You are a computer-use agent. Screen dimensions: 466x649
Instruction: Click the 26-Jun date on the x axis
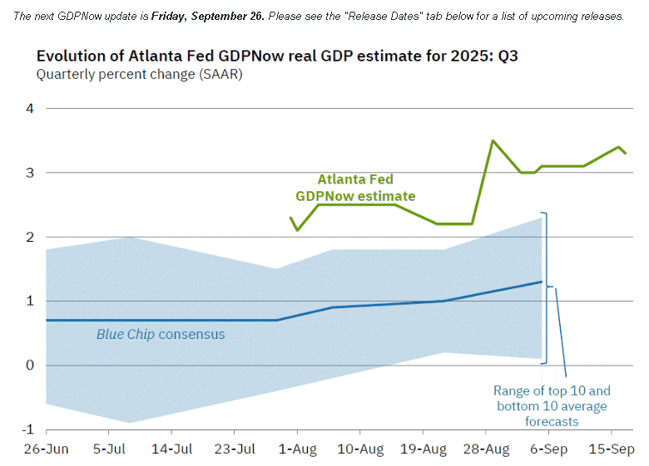click(46, 449)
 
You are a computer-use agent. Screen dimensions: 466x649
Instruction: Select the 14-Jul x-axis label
click(171, 449)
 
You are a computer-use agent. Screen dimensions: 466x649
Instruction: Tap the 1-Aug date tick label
click(297, 449)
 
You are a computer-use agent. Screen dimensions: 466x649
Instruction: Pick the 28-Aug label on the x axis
click(486, 449)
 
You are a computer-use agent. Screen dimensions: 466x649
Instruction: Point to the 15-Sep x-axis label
click(612, 449)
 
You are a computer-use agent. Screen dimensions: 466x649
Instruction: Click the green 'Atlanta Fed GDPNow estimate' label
click(355, 188)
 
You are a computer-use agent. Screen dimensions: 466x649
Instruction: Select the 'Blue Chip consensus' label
click(161, 335)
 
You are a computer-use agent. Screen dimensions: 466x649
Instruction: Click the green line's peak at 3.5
click(493, 140)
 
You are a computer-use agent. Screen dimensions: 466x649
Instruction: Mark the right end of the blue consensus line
click(542, 282)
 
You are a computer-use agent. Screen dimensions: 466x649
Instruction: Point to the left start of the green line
click(290, 218)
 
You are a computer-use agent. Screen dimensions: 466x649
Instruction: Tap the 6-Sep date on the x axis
click(548, 449)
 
